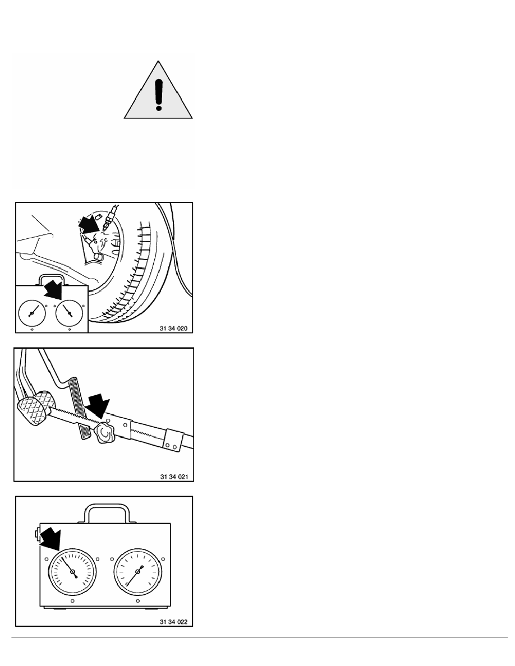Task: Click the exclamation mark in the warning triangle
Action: point(159,95)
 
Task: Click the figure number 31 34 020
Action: point(173,329)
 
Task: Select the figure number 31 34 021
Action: point(174,477)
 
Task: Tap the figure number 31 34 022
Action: point(173,622)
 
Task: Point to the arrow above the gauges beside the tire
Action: point(53,289)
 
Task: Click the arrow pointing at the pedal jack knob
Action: point(98,406)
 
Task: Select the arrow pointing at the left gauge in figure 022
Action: point(50,539)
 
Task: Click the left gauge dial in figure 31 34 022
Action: point(72,572)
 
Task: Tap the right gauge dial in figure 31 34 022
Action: point(138,572)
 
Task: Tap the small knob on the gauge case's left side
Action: point(38,534)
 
